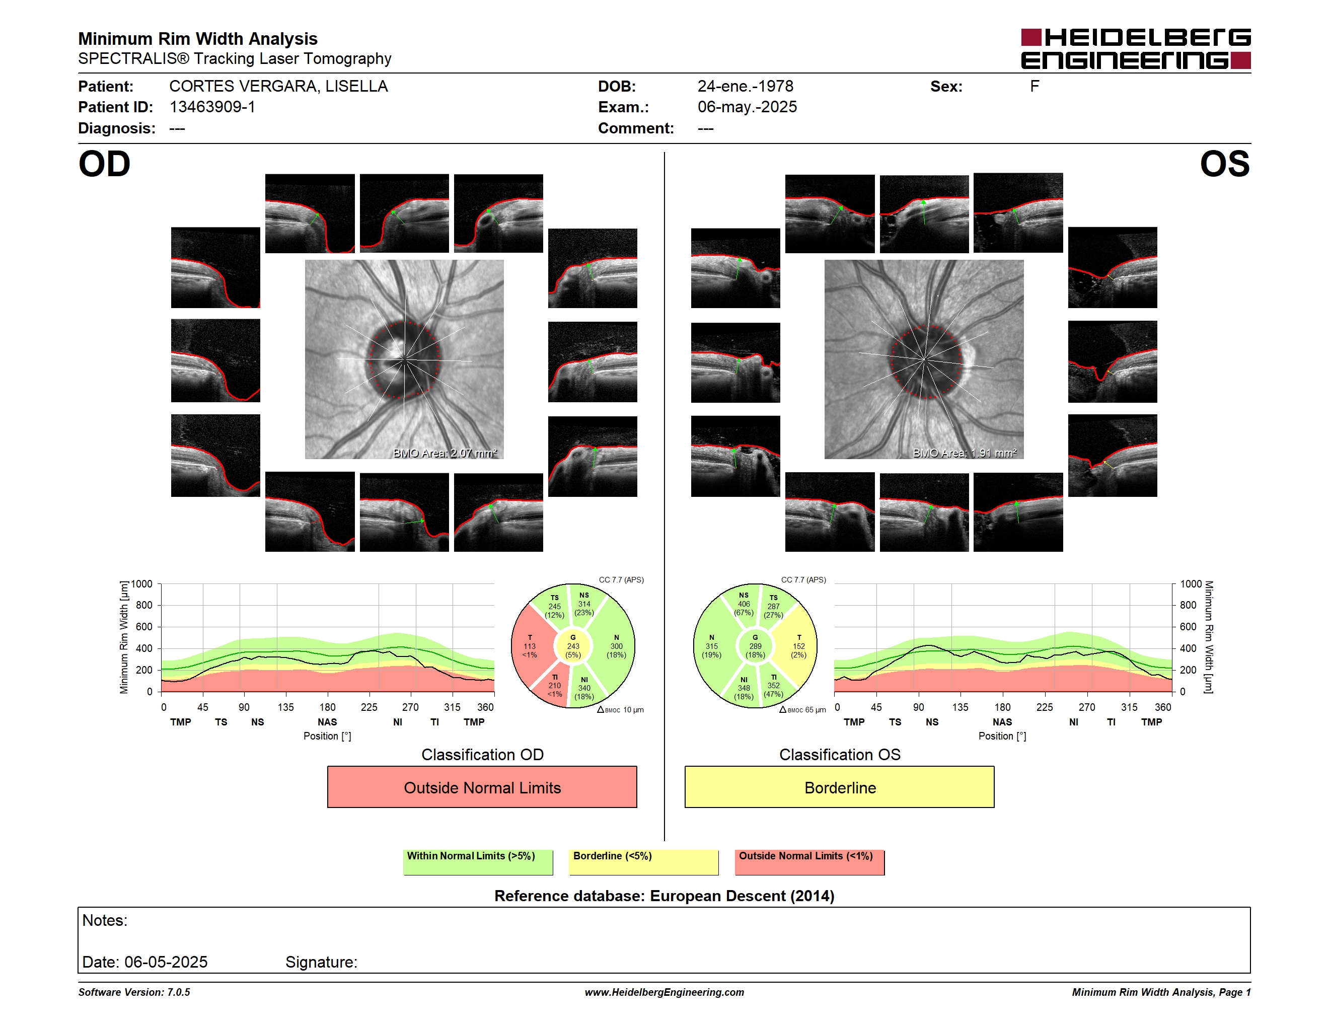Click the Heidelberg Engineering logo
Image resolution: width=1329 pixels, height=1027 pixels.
1136,49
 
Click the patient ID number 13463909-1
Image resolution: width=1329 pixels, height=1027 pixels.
212,107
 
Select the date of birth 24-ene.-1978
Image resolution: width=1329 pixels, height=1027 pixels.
746,87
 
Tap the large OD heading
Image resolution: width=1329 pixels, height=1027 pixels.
105,164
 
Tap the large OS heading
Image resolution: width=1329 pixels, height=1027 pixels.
1224,164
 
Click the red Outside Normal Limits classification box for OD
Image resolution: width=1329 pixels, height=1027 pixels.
482,787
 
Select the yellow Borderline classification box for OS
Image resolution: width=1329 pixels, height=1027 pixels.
840,787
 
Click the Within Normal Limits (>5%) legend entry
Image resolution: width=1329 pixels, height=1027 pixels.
478,861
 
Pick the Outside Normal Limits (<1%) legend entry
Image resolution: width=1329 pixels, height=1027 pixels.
809,861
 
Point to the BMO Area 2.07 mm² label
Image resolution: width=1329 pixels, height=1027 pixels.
445,453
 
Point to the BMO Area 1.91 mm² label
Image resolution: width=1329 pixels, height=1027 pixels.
965,453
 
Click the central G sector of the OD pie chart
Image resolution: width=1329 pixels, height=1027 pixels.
572,646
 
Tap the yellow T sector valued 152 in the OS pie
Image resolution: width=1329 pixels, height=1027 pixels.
798,646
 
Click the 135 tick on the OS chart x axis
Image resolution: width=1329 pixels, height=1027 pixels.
960,707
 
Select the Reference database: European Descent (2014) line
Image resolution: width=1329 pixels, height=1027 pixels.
664,896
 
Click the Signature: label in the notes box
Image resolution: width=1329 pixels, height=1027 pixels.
321,962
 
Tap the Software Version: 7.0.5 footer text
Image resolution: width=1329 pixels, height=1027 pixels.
134,992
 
